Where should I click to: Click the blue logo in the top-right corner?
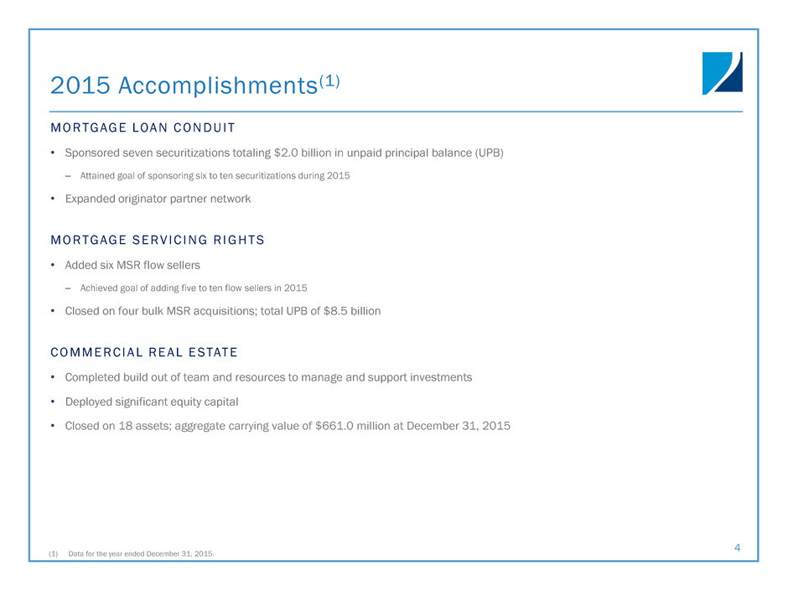coord(722,73)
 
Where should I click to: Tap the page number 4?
coord(737,547)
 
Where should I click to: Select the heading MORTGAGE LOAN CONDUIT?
coord(143,128)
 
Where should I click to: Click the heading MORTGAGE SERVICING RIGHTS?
coord(158,241)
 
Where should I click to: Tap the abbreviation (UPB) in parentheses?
coord(489,153)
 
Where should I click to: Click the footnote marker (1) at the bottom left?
coord(54,553)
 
